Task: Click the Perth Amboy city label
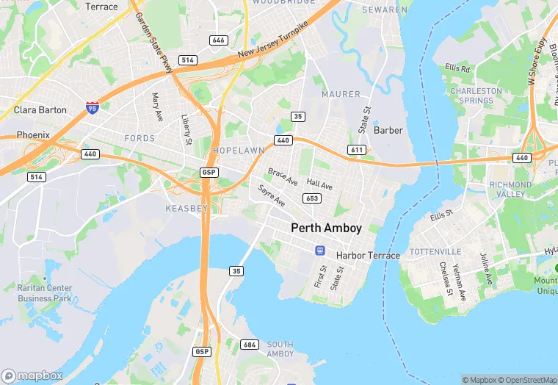pos(326,228)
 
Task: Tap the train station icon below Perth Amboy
pos(320,251)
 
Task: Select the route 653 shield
pos(311,198)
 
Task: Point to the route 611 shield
pos(357,150)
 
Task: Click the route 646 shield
pos(217,40)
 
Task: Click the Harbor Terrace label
pos(368,256)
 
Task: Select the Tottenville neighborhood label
pos(435,252)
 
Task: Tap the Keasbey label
pos(186,209)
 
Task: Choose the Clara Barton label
pos(40,110)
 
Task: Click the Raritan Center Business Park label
pos(45,293)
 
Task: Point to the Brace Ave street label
pos(283,176)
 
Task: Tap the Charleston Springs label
pos(476,96)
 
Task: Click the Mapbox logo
pos(32,375)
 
